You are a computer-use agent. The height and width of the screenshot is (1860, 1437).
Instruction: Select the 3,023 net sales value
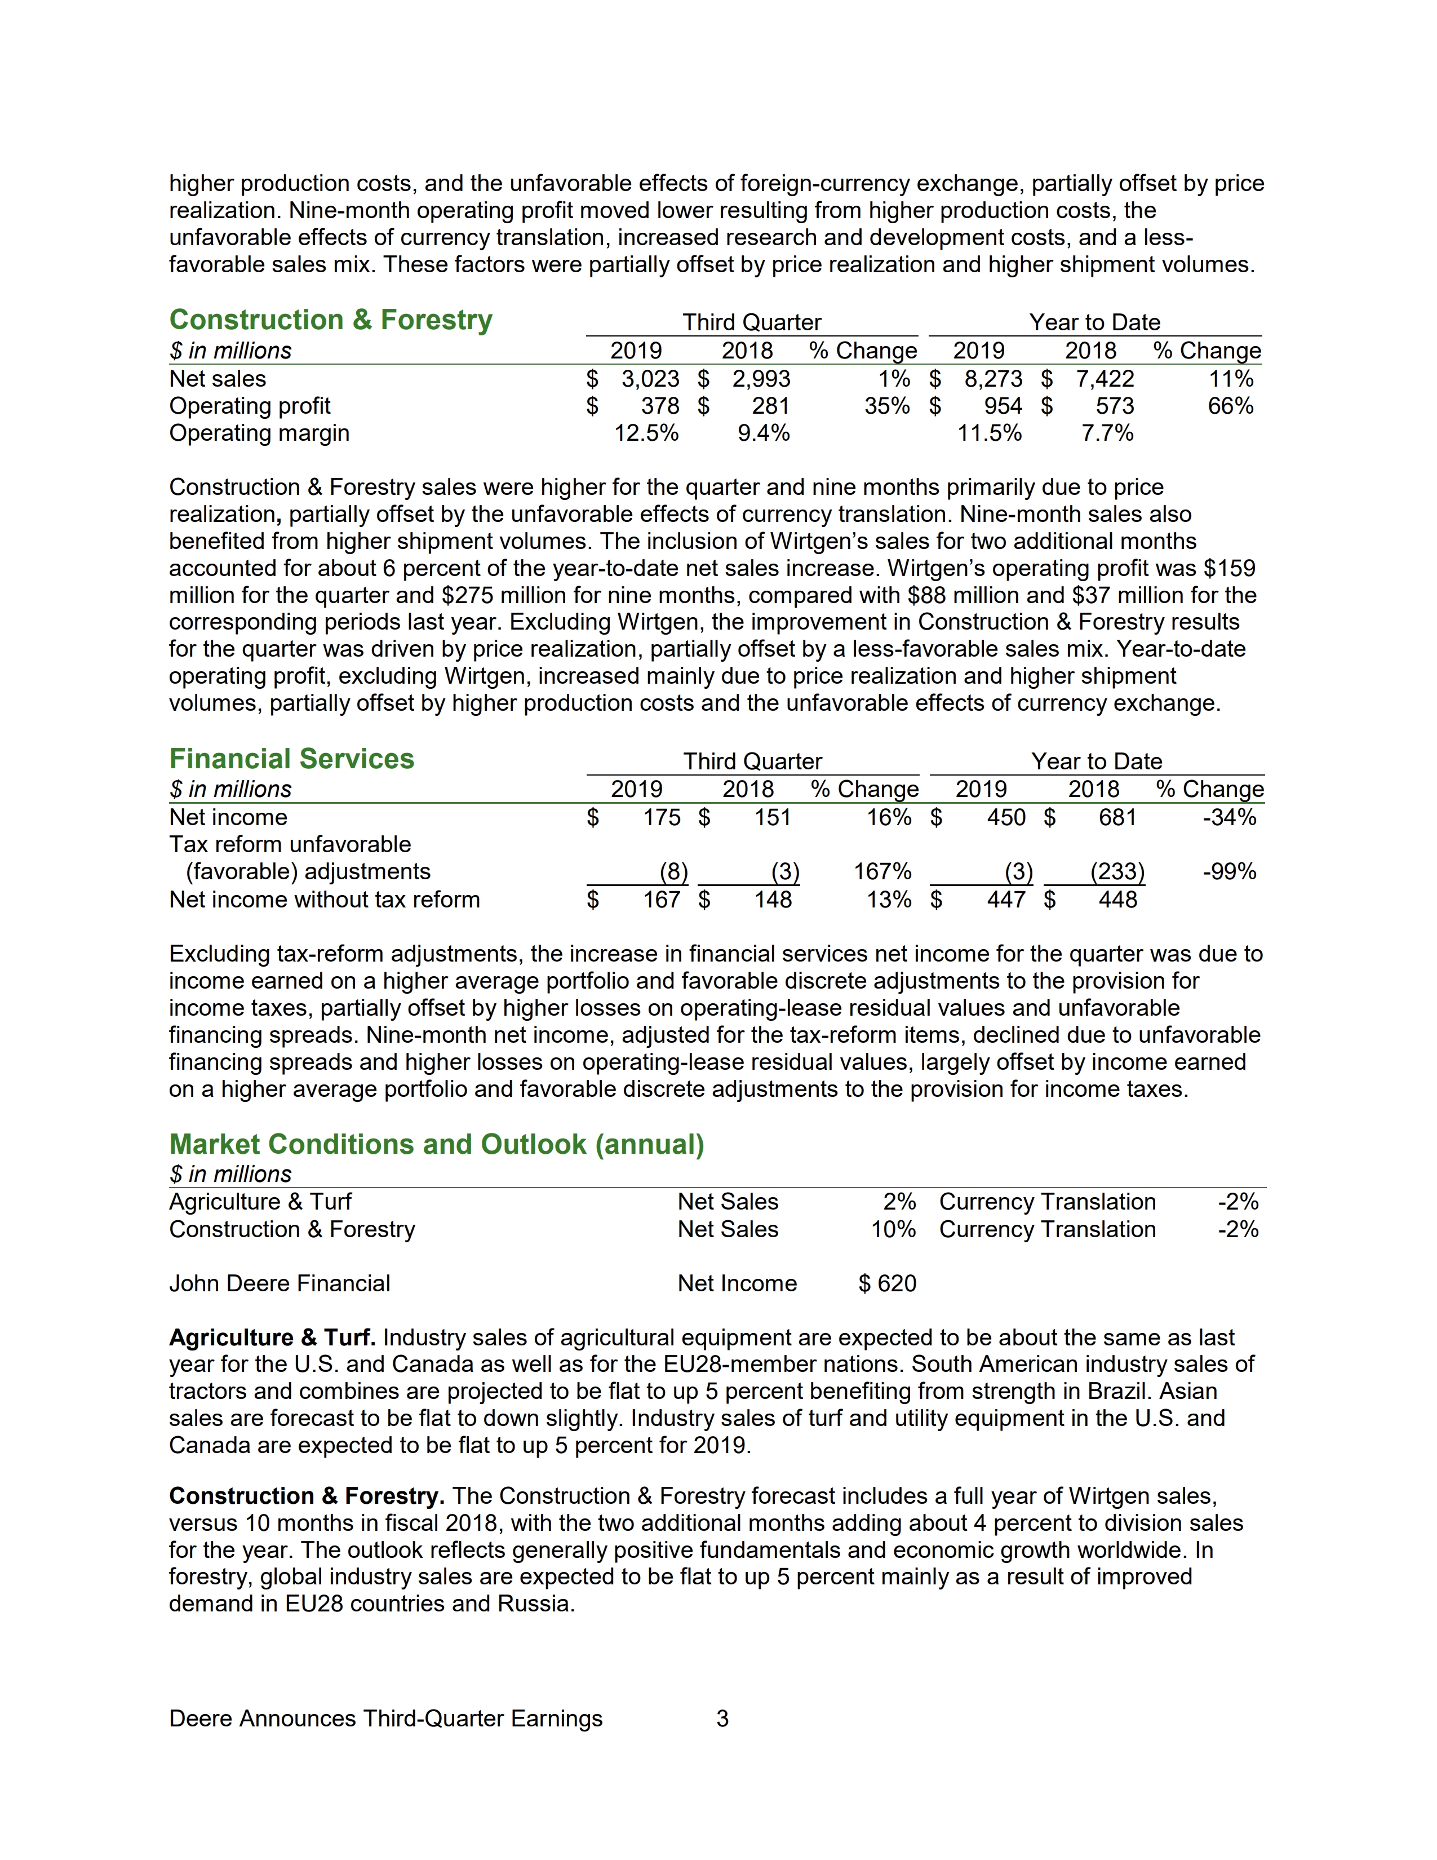pos(650,379)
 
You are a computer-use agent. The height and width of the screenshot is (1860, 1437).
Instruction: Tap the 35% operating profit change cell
pos(886,406)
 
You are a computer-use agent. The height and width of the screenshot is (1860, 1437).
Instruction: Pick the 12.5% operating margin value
pos(646,433)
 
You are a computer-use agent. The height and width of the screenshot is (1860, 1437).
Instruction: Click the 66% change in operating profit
pos(1230,406)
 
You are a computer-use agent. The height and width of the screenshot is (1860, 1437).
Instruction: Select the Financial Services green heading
pos(291,759)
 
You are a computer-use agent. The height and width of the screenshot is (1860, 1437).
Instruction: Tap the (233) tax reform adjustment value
pos(1117,872)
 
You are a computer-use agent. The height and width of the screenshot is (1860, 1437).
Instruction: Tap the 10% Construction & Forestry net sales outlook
pos(893,1230)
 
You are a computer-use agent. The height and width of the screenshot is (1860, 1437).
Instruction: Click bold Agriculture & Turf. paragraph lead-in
pos(272,1338)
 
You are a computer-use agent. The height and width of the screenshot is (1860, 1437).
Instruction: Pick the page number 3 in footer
pos(722,1719)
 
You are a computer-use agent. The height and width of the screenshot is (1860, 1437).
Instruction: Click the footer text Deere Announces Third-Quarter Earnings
pos(385,1719)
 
